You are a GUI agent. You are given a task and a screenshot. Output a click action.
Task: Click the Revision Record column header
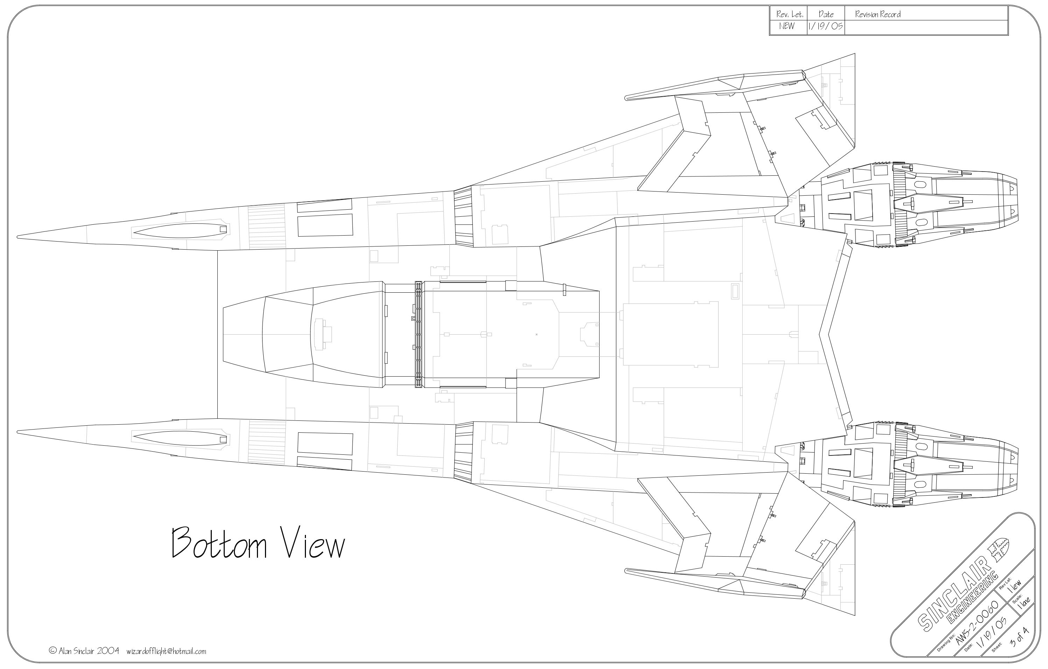click(x=878, y=14)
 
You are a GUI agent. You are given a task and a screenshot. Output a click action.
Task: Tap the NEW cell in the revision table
click(x=787, y=26)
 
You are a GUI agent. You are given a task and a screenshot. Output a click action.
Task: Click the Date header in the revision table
click(x=826, y=14)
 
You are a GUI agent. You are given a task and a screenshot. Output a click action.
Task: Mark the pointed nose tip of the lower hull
click(x=18, y=432)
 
